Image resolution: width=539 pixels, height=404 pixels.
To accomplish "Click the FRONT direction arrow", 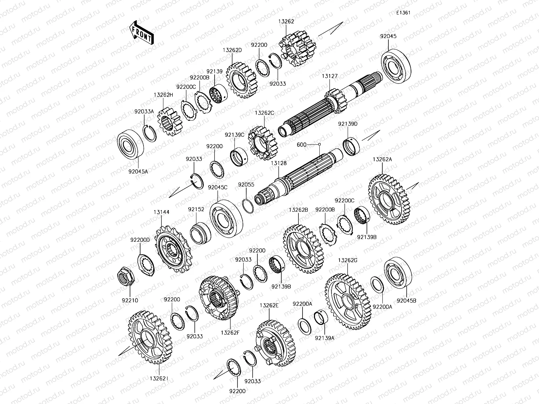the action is point(141,33).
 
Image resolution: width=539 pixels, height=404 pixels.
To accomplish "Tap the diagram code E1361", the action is point(403,13).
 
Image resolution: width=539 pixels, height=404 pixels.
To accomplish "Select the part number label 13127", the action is point(330,76).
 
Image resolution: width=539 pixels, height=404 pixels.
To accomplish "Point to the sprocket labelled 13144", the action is point(173,249).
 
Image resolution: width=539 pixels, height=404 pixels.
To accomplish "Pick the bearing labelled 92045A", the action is point(130,143).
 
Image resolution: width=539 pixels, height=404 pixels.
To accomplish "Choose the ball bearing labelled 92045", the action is point(396,66).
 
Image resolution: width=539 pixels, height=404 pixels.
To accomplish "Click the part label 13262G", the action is point(348,260).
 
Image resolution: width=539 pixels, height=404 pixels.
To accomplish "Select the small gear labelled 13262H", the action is point(170,122).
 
